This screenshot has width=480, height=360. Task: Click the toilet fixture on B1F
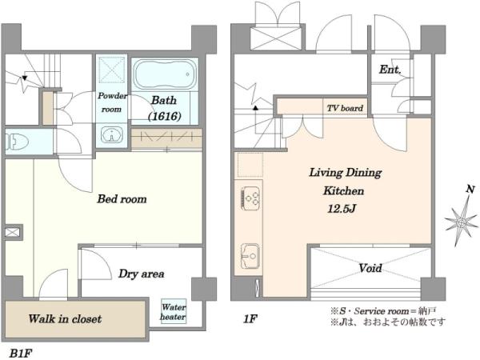(17, 142)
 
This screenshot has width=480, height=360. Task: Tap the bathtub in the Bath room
(165, 74)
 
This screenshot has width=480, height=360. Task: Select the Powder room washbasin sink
(112, 134)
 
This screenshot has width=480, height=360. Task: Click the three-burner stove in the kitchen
(251, 198)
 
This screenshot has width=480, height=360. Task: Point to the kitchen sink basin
(250, 256)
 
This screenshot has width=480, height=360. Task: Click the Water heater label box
(174, 311)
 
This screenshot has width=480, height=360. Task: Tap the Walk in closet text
(65, 319)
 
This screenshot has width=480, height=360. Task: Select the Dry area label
(142, 274)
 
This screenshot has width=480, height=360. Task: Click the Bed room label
(122, 199)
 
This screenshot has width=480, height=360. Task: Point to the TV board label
(345, 108)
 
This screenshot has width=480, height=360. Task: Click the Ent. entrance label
(390, 70)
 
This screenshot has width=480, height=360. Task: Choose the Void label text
(370, 268)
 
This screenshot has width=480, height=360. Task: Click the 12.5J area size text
(342, 209)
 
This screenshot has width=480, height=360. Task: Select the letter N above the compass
(470, 190)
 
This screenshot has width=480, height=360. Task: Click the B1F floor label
(21, 354)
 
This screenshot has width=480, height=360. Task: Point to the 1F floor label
(250, 319)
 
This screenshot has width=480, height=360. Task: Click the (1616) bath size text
(165, 116)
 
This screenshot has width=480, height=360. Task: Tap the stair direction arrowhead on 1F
(255, 108)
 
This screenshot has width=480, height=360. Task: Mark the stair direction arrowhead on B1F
(25, 78)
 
